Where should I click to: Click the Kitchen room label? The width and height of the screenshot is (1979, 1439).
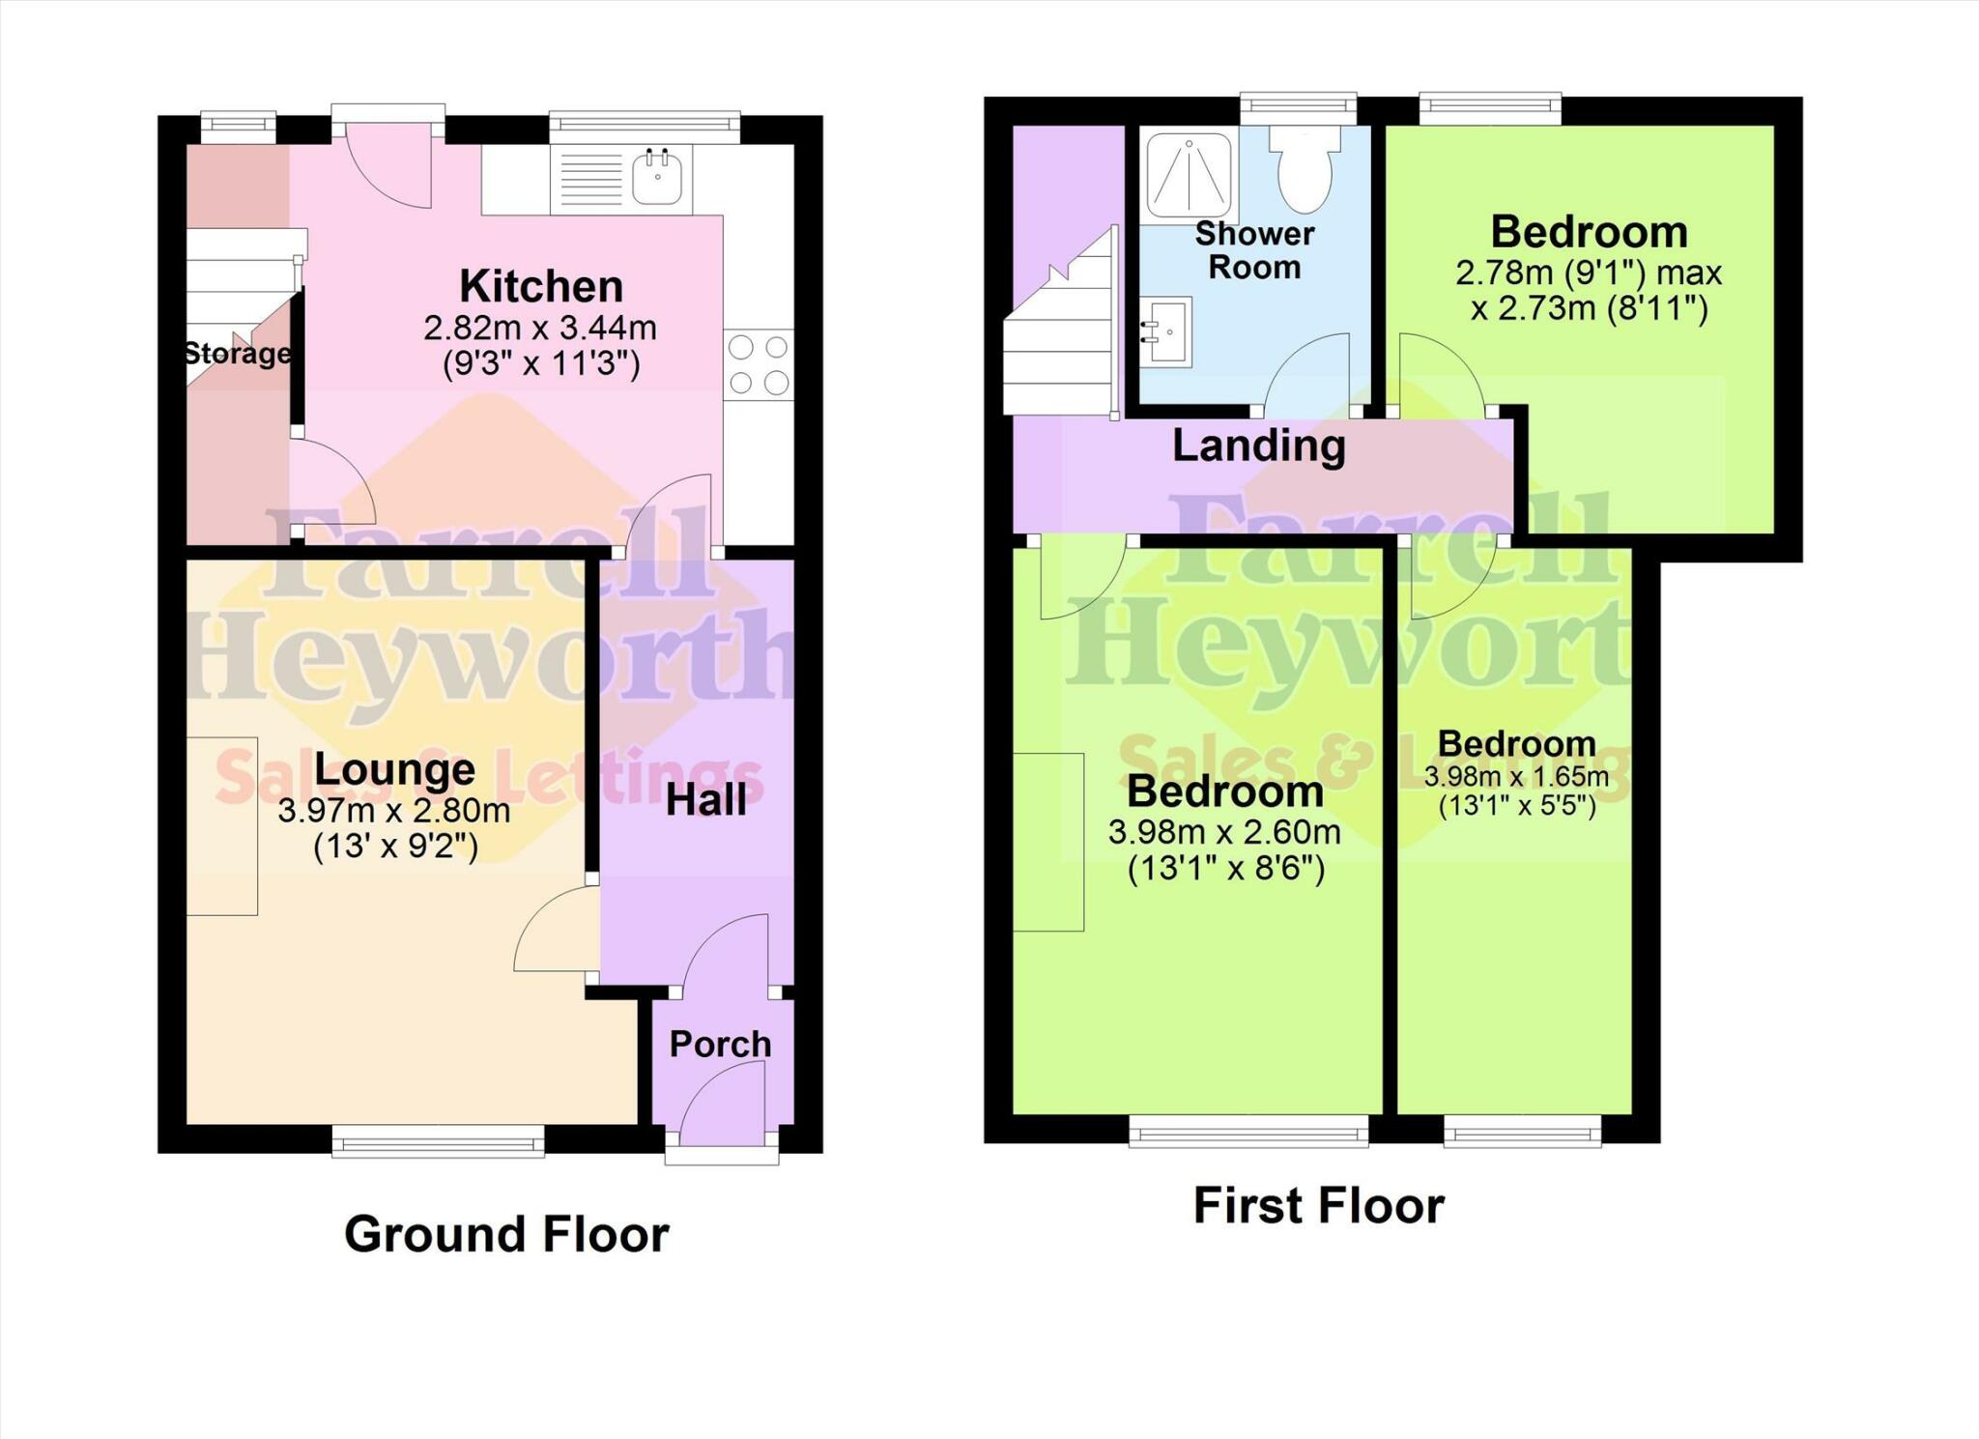pos(541,286)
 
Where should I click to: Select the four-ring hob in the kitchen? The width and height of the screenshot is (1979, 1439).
pos(759,365)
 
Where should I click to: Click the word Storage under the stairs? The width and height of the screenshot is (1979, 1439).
pos(238,354)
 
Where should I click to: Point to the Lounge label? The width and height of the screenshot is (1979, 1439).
pos(394,770)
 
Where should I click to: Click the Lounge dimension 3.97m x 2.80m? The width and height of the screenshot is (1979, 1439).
pos(394,810)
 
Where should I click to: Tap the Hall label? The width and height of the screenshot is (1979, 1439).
pos(706,800)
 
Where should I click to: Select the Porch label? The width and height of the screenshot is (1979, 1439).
pos(721,1044)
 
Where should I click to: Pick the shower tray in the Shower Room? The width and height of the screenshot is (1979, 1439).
pos(1190,175)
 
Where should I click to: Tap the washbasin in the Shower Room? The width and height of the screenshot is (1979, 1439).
pos(1166,331)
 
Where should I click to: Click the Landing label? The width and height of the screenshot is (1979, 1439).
pos(1259,446)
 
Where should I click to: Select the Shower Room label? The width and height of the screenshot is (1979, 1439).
pos(1255,250)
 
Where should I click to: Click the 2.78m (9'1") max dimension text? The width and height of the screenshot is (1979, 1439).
pos(1589,273)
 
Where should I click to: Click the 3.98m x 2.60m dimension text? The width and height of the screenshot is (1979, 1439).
pos(1224,832)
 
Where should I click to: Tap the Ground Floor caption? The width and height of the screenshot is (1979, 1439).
pos(506,1234)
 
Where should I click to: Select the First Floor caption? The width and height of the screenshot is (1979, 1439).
pos(1319,1205)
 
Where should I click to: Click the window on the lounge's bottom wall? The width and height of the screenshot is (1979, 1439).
pos(438,1140)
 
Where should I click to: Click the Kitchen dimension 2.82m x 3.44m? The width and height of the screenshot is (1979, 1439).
pos(540,328)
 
